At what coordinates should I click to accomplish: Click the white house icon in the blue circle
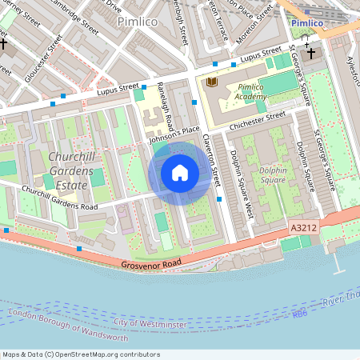[180, 173]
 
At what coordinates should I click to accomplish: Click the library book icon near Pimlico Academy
[211, 82]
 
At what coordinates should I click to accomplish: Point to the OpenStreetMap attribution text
[81, 354]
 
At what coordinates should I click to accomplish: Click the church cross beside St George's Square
[310, 53]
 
